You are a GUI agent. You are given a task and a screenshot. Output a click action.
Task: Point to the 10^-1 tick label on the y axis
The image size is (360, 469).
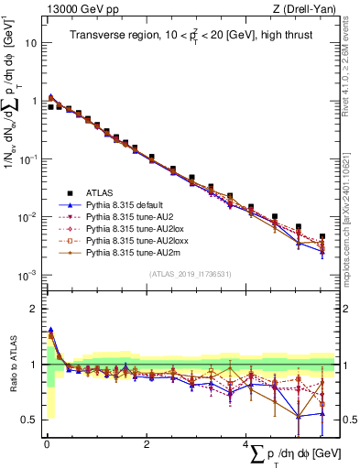tap(27, 158)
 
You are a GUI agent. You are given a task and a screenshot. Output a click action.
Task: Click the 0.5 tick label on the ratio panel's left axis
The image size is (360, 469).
tap(28, 420)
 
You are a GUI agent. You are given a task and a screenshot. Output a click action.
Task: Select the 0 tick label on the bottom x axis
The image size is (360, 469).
tap(47, 444)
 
